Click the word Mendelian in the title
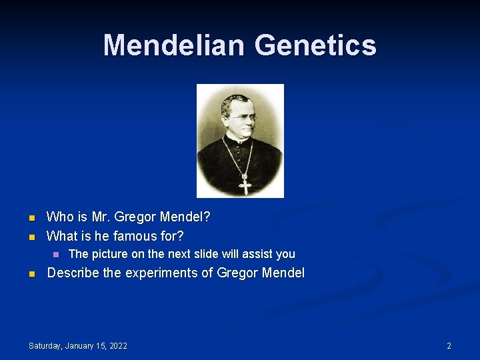tap(175, 45)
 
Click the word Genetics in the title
tap(315, 45)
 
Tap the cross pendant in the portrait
tap(245, 185)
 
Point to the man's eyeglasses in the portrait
tap(241, 117)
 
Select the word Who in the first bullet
tap(59, 217)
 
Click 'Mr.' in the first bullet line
tap(98, 217)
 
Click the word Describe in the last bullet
tap(73, 273)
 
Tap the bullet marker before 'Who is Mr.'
tap(31, 217)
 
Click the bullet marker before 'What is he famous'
tap(31, 236)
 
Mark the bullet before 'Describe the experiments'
tap(31, 273)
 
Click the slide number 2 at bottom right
tap(449, 345)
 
